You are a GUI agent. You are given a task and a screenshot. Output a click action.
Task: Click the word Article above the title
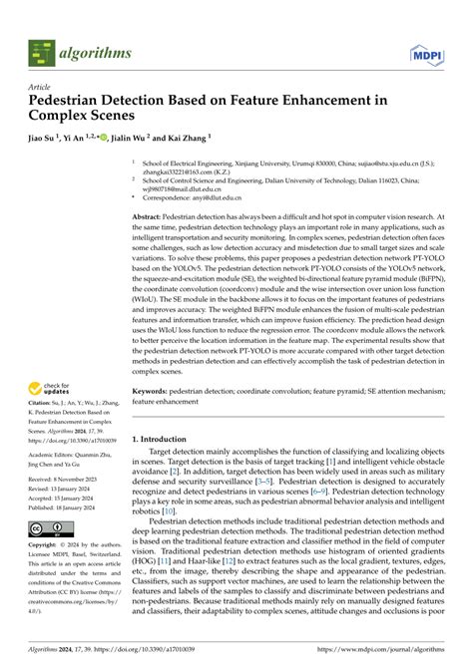[x=39, y=87]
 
